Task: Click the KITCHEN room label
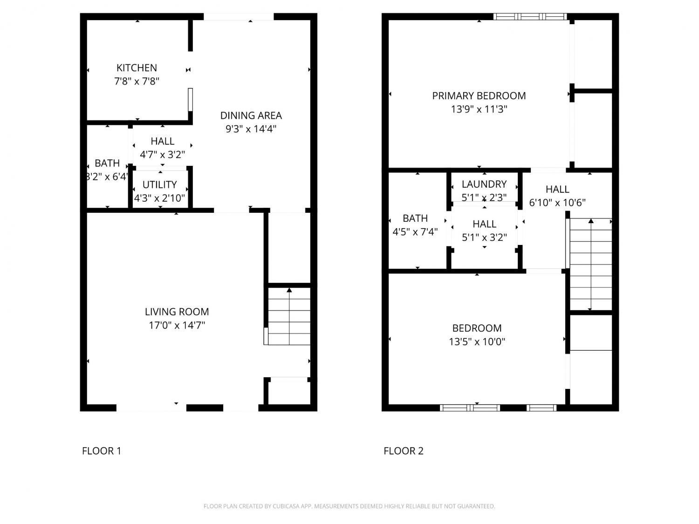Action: tap(137, 68)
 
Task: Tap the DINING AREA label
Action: tap(251, 116)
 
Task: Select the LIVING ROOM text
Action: tap(177, 312)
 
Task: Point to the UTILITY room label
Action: tap(159, 184)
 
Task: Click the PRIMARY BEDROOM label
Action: tap(479, 96)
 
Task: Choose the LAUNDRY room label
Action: tap(484, 184)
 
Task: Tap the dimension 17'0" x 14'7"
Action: tap(177, 325)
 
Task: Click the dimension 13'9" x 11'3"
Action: tap(479, 109)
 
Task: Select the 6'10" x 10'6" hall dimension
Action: tap(557, 203)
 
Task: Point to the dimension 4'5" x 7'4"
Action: tap(415, 232)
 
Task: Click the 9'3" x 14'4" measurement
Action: tap(251, 129)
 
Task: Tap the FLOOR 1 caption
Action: tap(102, 451)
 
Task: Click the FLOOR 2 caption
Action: tap(404, 451)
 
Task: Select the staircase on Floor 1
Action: tap(289, 316)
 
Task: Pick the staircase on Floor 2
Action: tap(591, 264)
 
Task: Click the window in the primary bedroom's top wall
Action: tap(530, 17)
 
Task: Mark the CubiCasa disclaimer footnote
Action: tap(349, 506)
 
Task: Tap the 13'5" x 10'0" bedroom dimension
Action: tap(477, 342)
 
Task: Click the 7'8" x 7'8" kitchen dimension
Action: tap(137, 81)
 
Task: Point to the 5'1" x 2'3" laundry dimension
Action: tap(484, 197)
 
